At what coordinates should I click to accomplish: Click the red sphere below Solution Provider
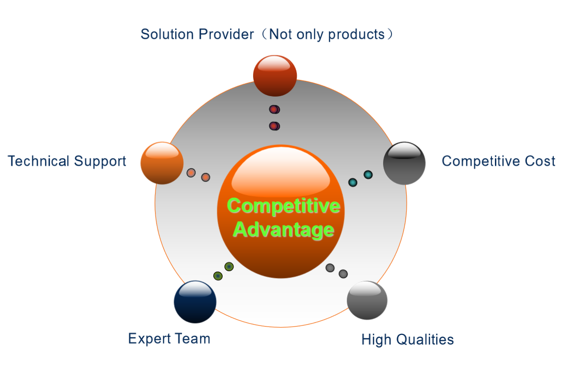[x=275, y=76]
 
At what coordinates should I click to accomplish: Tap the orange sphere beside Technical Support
[x=162, y=163]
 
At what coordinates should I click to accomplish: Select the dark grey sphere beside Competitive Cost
[x=404, y=163]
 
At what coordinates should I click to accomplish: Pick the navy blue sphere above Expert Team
[x=195, y=302]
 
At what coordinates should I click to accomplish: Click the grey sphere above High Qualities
[x=367, y=301]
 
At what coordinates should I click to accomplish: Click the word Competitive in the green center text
[x=284, y=206]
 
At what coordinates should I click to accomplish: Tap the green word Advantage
[x=284, y=230]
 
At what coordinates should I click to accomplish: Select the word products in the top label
[x=356, y=34]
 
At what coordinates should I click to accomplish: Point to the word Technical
[x=38, y=161]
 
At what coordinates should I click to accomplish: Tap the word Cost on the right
[x=540, y=161]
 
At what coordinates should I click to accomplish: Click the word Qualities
[x=425, y=340]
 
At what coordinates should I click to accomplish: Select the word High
[x=376, y=340]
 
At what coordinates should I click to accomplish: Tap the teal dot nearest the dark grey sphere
[x=368, y=175]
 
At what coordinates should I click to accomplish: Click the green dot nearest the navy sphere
[x=218, y=276]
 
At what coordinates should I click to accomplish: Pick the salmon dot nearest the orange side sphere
[x=191, y=173]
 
